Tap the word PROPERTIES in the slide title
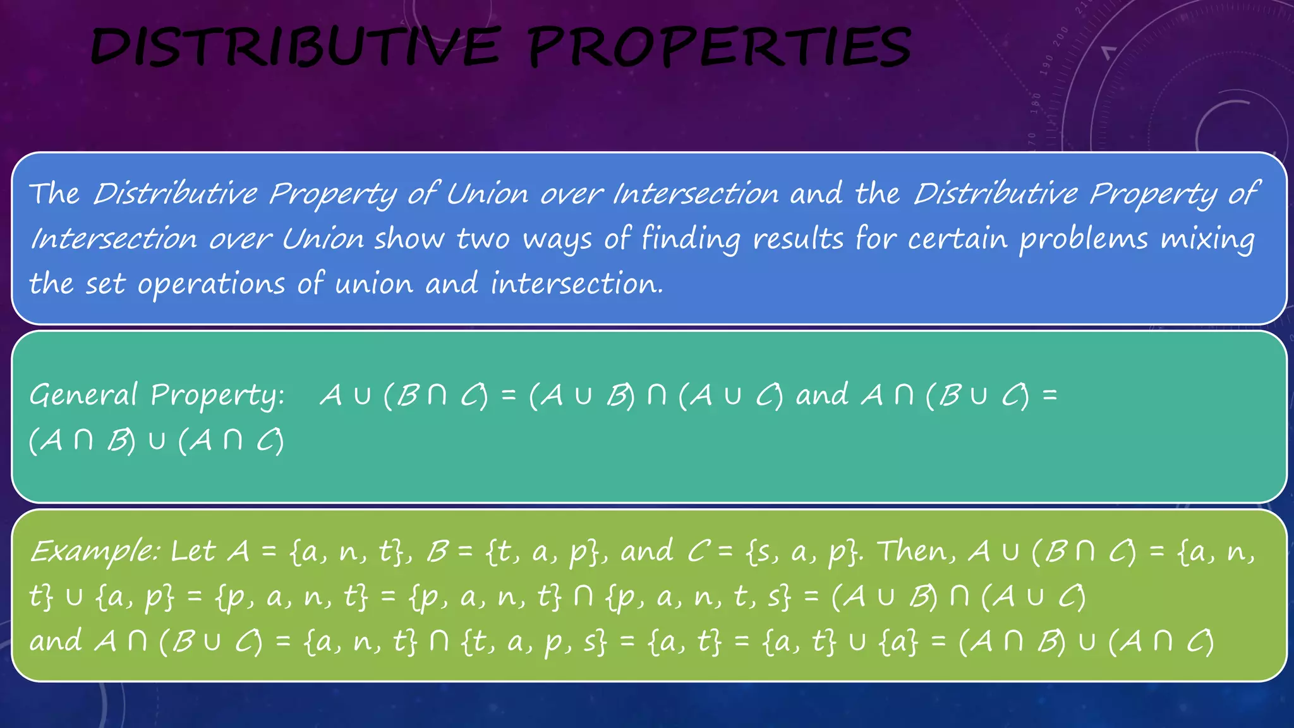pos(719,48)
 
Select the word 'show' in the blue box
pos(409,240)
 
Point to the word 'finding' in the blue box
pos(691,240)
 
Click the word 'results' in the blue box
pos(798,240)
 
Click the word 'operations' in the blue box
pos(211,284)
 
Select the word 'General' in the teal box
pos(83,396)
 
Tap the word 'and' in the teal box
pos(822,396)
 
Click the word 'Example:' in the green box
pos(95,552)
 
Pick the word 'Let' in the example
pos(193,552)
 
